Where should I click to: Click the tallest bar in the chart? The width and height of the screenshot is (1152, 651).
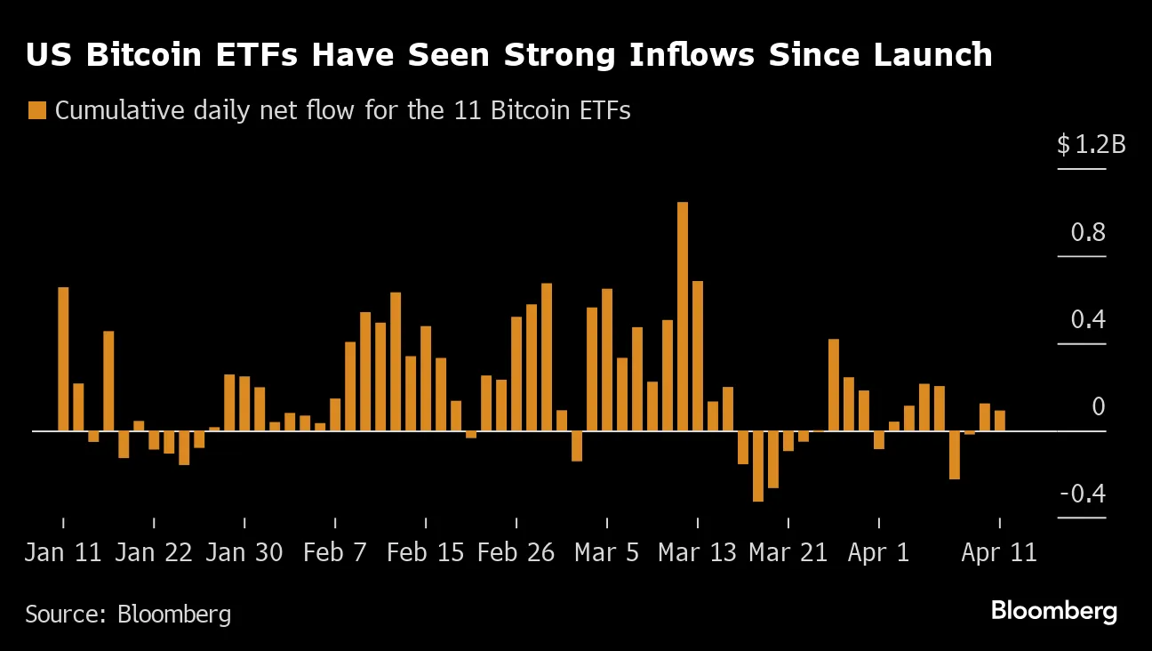(x=683, y=316)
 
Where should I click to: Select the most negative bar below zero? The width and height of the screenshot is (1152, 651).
(x=758, y=466)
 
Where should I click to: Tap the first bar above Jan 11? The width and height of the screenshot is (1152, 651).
(x=63, y=358)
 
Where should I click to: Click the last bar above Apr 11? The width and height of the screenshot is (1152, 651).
(x=1000, y=421)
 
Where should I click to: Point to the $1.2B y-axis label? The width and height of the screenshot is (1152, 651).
(x=1091, y=144)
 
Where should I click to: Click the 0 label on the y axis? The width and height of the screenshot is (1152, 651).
(x=1098, y=407)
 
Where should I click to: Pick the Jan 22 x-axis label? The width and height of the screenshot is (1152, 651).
(x=154, y=552)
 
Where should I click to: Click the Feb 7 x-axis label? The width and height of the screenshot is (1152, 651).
(x=335, y=552)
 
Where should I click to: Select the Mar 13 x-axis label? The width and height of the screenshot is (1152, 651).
(x=697, y=552)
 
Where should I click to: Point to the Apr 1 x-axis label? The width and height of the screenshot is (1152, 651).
(x=878, y=552)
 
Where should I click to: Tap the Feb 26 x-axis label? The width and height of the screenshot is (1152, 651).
(x=516, y=552)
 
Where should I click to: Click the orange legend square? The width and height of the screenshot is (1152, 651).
(x=36, y=111)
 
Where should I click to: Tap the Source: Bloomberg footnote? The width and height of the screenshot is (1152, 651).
(x=128, y=614)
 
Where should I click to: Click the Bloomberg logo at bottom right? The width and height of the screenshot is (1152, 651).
(x=1053, y=612)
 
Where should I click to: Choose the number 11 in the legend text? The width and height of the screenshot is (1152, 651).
(x=477, y=111)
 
